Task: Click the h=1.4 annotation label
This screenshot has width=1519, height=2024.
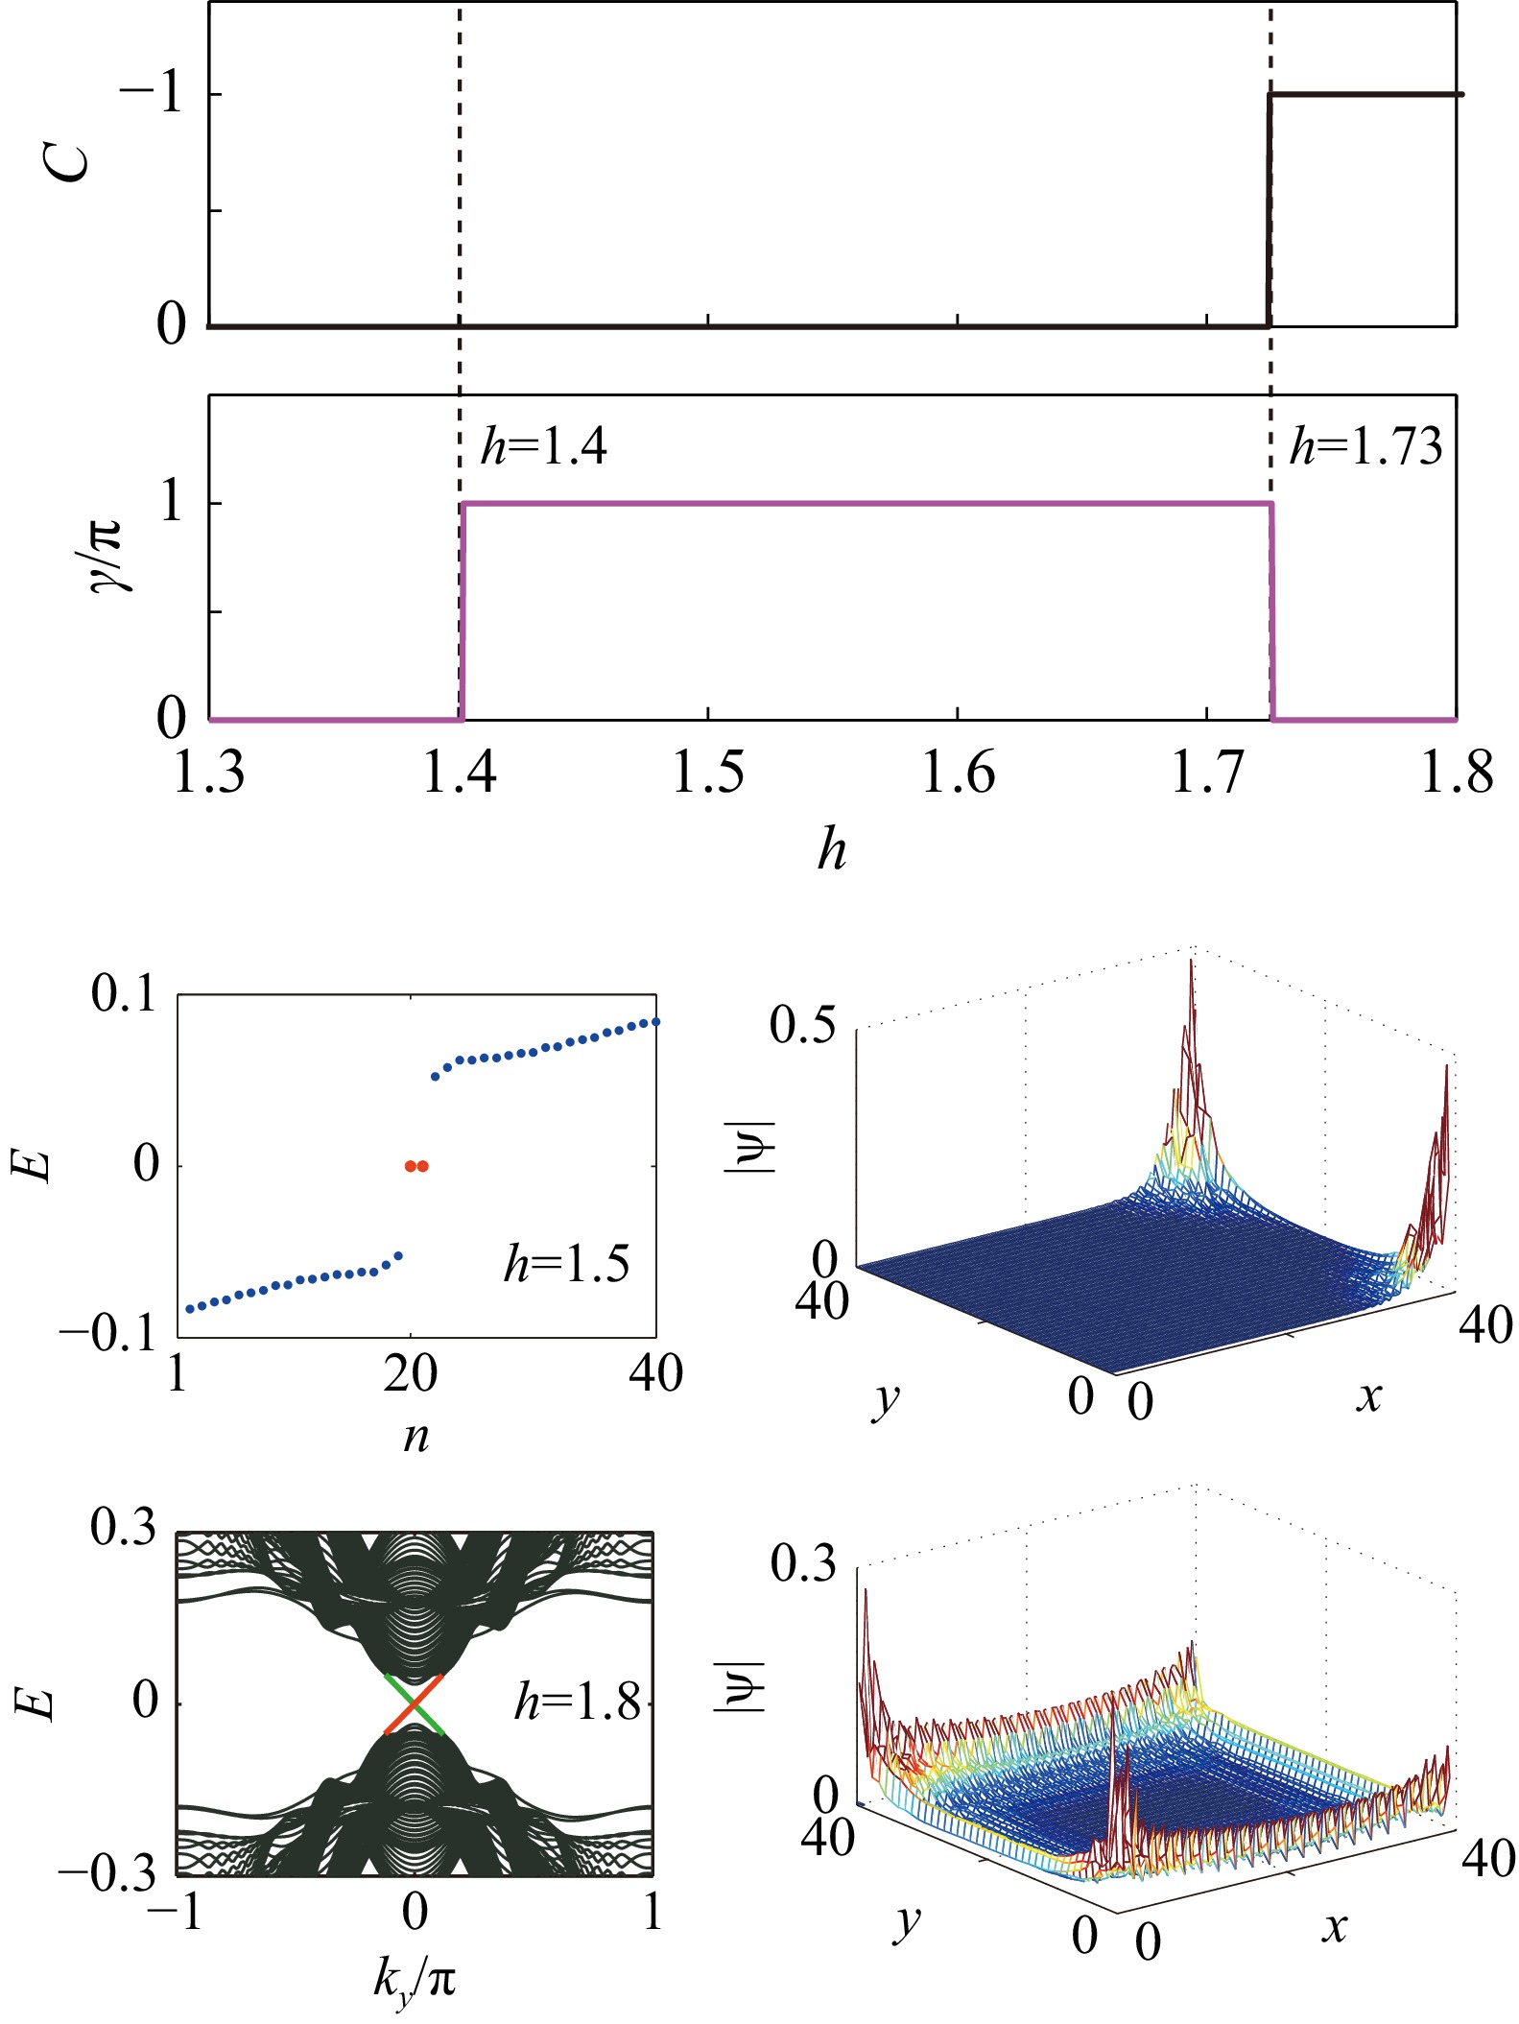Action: click(543, 446)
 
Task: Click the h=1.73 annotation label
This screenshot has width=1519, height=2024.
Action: click(1365, 446)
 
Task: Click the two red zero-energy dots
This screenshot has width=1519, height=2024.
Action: click(416, 1166)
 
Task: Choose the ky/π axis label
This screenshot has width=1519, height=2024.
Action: click(415, 1979)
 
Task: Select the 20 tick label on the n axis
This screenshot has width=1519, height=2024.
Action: click(411, 1374)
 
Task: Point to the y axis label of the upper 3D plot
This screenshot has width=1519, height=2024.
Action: click(885, 1402)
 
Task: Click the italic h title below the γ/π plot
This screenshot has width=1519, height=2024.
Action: click(832, 850)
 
